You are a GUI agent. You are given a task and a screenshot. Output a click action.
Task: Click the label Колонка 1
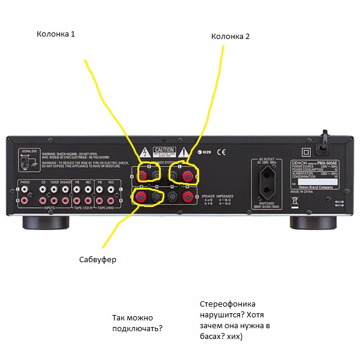click(x=56, y=34)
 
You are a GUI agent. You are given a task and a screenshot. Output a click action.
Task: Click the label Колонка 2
click(x=230, y=37)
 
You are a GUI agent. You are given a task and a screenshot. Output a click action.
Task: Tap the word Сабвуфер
click(x=98, y=260)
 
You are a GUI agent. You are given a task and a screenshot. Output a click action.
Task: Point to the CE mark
click(x=221, y=152)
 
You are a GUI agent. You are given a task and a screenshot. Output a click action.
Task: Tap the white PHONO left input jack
click(x=25, y=189)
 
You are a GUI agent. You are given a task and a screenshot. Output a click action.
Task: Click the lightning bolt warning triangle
click(x=144, y=152)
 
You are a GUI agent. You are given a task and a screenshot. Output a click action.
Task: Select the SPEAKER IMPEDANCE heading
click(x=217, y=196)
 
